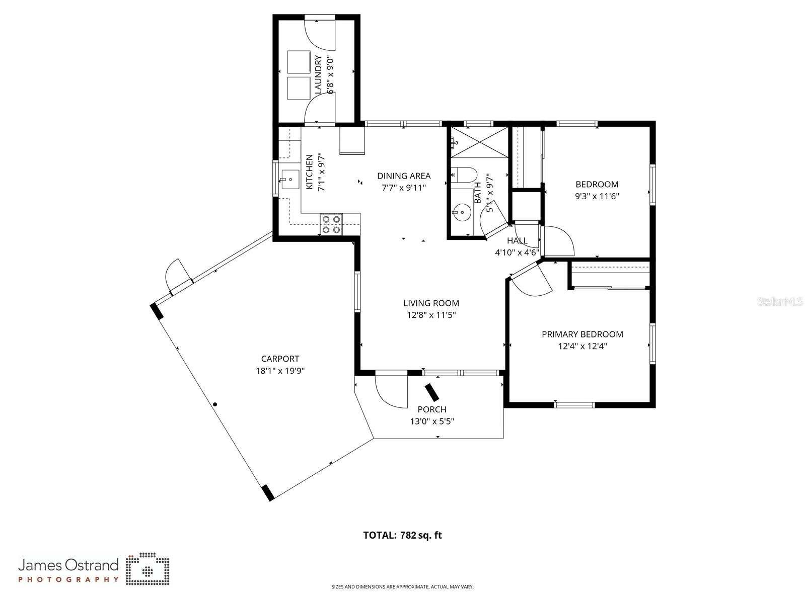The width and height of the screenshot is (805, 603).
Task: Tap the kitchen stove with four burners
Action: (x=331, y=224)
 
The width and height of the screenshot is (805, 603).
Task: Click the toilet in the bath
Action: (x=464, y=175)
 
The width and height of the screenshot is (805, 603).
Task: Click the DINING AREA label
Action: (x=404, y=176)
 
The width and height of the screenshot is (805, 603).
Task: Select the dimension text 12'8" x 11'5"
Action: (x=431, y=315)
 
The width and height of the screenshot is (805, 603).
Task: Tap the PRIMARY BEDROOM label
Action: (x=582, y=334)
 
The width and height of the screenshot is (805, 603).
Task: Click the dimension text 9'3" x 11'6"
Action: (x=597, y=196)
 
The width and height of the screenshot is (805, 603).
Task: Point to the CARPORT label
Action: (x=280, y=359)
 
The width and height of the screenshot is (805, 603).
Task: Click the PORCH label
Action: (x=431, y=409)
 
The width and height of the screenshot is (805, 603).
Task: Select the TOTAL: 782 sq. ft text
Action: (x=402, y=535)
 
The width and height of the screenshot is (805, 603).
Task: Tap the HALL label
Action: (x=517, y=240)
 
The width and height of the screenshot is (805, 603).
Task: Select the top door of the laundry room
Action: (x=319, y=30)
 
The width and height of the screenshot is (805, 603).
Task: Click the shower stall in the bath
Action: (x=479, y=143)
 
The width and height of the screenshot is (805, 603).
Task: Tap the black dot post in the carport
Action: (x=215, y=404)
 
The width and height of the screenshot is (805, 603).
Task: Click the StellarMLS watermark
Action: (x=780, y=301)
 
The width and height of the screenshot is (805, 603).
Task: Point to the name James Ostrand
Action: (x=68, y=565)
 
